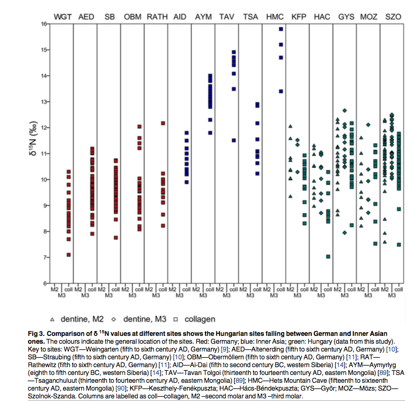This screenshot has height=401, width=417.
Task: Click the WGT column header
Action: (x=62, y=17)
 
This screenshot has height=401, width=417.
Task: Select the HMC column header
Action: (x=275, y=17)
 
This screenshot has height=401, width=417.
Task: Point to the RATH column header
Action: (x=156, y=17)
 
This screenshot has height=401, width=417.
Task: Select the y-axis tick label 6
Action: (x=45, y=283)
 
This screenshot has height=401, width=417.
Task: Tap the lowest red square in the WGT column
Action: (x=68, y=255)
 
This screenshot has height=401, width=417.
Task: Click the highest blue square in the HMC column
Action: (x=281, y=29)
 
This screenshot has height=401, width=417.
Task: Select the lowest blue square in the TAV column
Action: (x=234, y=140)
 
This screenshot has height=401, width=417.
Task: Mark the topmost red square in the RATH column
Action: (x=163, y=123)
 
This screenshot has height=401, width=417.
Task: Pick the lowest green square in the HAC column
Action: (x=328, y=256)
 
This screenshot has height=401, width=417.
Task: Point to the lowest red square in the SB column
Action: (x=116, y=237)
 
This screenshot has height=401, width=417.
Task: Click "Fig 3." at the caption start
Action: (x=55, y=332)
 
